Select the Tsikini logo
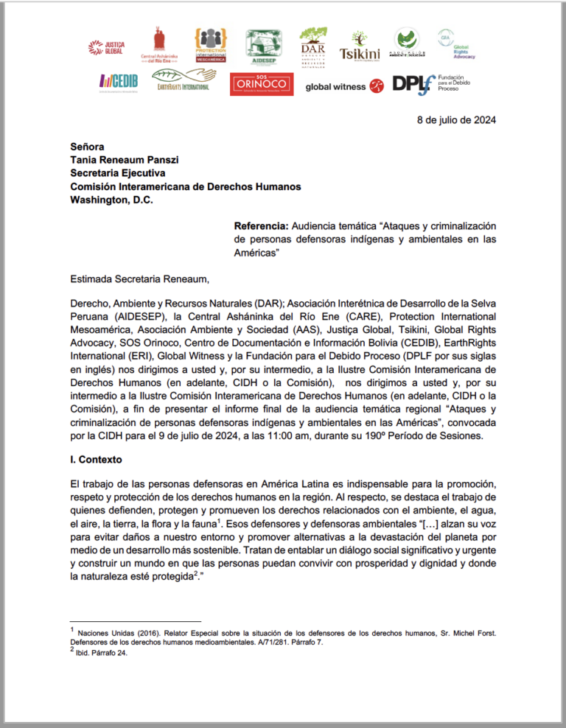[359, 52]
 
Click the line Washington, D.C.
[111, 200]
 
